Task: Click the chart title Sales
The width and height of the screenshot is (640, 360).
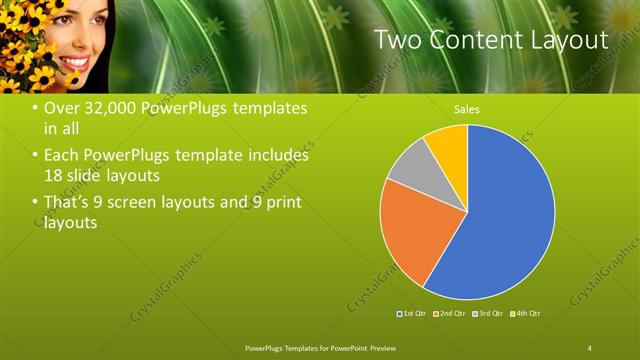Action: click(x=466, y=108)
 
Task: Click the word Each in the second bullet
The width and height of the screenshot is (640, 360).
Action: click(x=62, y=156)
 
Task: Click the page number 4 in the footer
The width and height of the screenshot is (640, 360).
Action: click(x=590, y=347)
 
